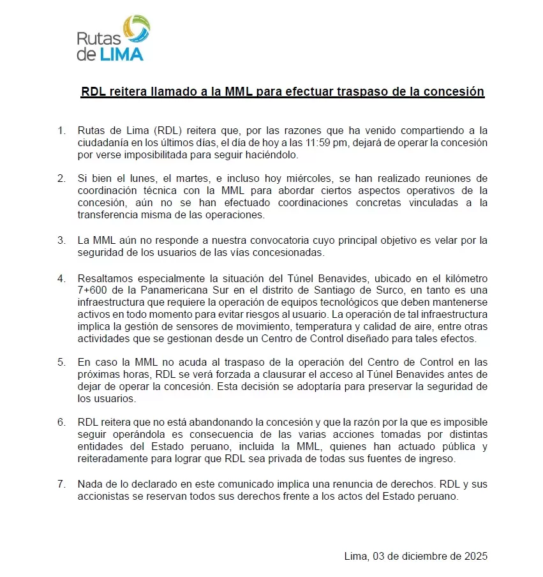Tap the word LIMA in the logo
tap(121, 54)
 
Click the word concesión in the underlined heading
tap(454, 92)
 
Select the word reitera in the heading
tap(126, 92)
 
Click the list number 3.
tap(61, 241)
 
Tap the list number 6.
tap(61, 423)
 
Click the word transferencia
tap(106, 215)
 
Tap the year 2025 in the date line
tap(475, 556)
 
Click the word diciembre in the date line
tap(428, 556)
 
